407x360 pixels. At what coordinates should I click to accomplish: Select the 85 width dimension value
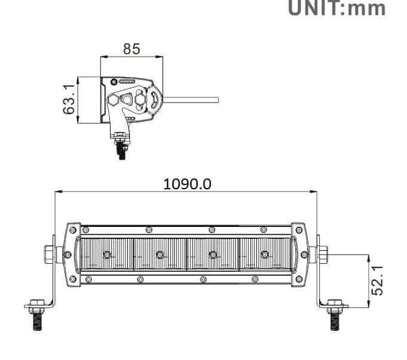tap(131, 49)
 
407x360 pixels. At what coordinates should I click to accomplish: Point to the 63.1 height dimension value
tap(70, 100)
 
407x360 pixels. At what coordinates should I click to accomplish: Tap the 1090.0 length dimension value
tap(187, 183)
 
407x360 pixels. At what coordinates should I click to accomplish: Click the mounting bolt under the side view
tap(121, 146)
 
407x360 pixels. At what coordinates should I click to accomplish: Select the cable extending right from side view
tap(191, 99)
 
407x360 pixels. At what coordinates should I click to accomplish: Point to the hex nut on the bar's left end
tap(48, 254)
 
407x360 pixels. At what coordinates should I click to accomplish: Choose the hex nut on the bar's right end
tap(323, 254)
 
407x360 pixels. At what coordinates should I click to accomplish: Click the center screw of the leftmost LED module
tap(107, 255)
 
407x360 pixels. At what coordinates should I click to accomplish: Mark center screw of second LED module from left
tap(160, 255)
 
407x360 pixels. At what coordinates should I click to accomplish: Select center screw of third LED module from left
tap(212, 255)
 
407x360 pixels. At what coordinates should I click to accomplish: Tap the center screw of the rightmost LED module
tap(265, 255)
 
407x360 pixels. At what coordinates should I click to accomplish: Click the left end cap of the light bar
tap(72, 254)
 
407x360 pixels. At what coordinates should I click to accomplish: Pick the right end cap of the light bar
tap(299, 254)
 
